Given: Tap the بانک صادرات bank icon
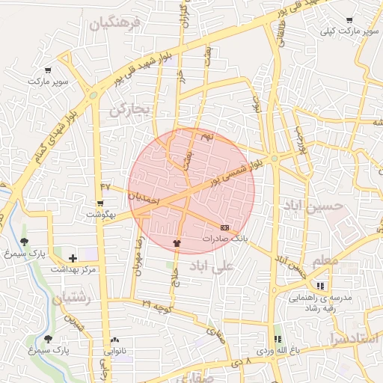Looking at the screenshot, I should point(225,227).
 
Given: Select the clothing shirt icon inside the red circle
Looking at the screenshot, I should point(177,242).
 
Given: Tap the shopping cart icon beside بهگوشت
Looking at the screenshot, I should point(99,203).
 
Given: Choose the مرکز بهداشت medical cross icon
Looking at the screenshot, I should point(73,257).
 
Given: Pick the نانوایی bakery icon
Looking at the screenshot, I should point(114,339).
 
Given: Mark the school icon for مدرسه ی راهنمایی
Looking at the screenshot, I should point(321,286).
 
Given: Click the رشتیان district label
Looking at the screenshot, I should point(71,298).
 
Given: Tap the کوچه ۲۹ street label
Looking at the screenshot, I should point(158,305).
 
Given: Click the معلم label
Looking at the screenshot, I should point(331,260).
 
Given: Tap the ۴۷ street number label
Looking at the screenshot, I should point(105,186).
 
